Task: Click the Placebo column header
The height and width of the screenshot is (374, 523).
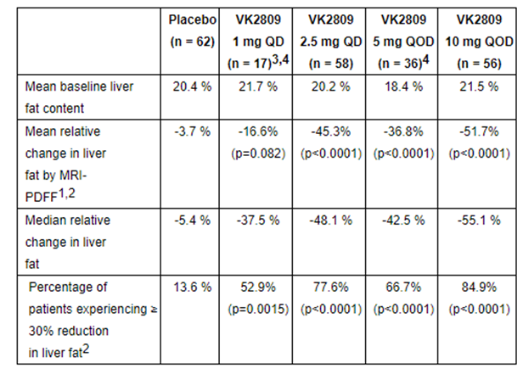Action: pyautogui.click(x=190, y=29)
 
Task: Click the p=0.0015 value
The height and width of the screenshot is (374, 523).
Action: pyautogui.click(x=254, y=306)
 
